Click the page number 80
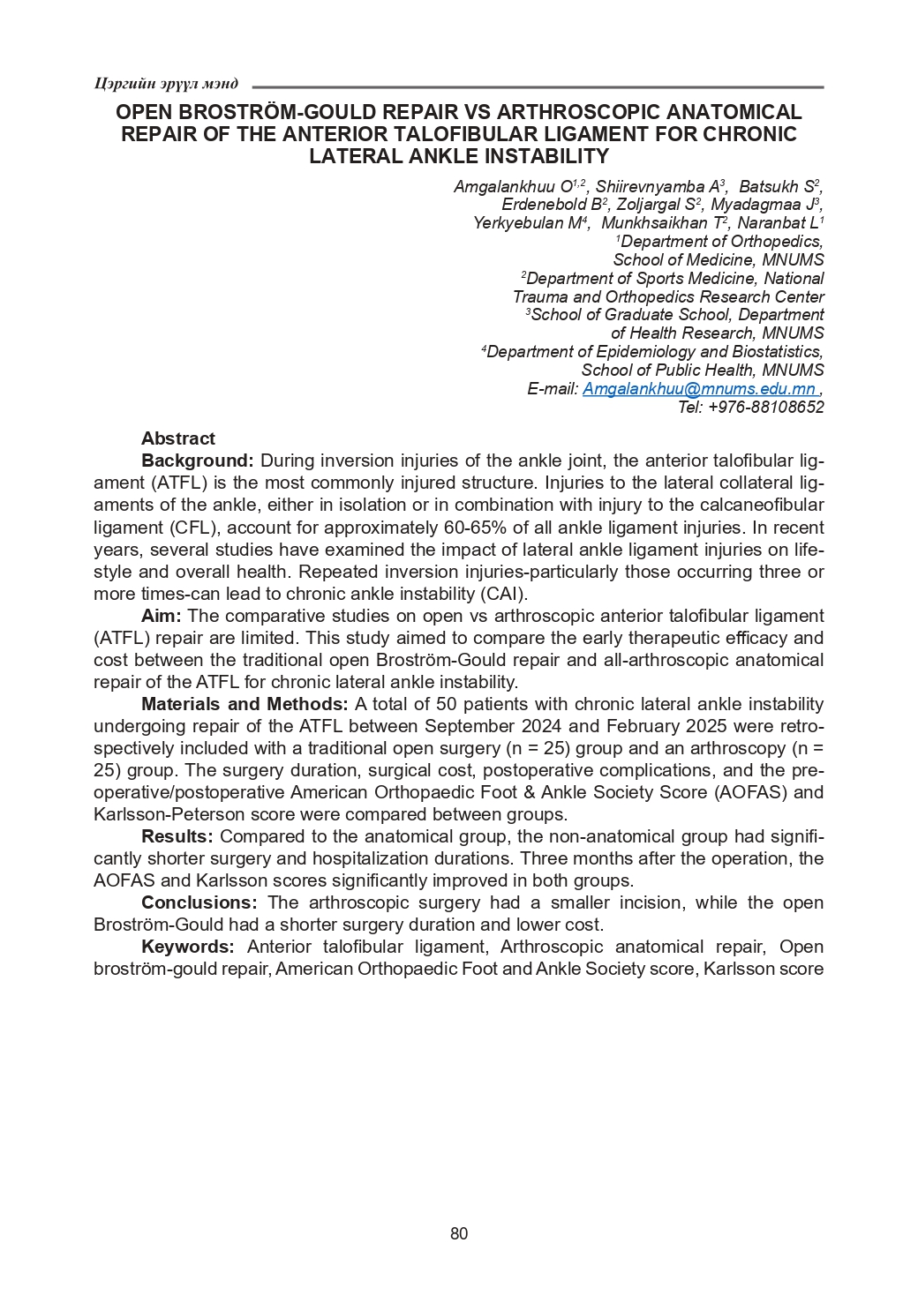(459, 1233)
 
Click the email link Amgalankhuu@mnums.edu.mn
(699, 389)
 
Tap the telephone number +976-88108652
(765, 408)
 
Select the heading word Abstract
(177, 438)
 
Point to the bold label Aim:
(162, 616)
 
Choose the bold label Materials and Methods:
(245, 704)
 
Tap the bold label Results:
(177, 836)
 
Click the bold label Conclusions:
(199, 902)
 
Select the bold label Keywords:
(187, 947)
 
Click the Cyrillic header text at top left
(166, 84)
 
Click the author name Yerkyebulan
(518, 223)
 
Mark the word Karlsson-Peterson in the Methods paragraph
(167, 814)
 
